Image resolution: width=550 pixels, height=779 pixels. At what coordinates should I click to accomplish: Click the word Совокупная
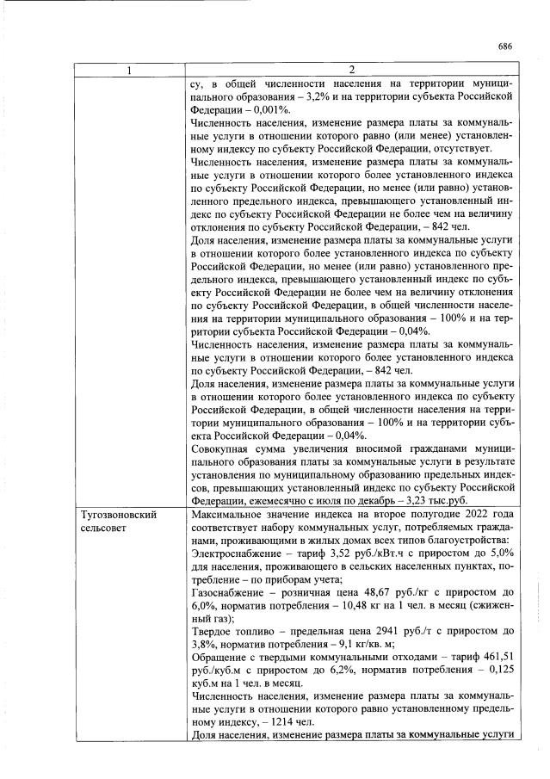click(x=226, y=448)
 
